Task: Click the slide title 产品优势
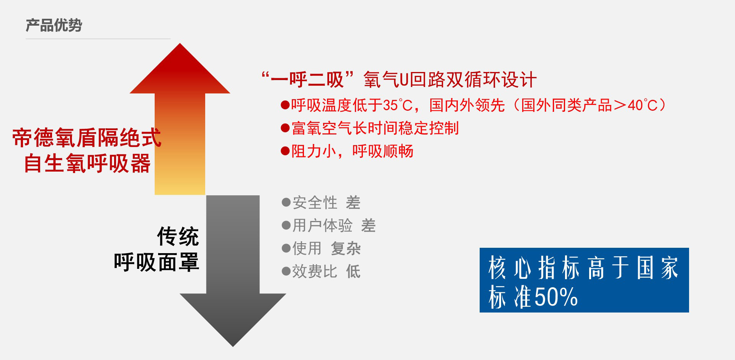tap(54, 25)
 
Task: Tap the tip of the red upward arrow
tap(180, 43)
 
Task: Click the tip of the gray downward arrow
tap(233, 346)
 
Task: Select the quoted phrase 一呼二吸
tap(307, 80)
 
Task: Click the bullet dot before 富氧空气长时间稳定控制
tap(285, 128)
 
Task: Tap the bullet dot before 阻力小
tap(285, 151)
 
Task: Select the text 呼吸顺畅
tap(383, 151)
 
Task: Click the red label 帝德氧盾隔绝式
tap(87, 138)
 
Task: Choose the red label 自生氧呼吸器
tap(87, 164)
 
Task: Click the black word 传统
tap(178, 236)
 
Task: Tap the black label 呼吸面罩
tap(157, 262)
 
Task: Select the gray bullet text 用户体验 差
tap(334, 226)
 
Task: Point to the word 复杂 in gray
tap(346, 249)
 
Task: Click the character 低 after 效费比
tap(353, 272)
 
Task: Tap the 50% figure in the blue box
tap(556, 297)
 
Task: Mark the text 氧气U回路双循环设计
tap(450, 80)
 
